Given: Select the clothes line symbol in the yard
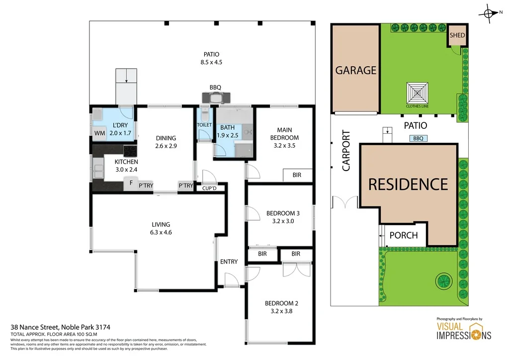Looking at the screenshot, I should [417, 92].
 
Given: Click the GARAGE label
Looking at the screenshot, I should [355, 70].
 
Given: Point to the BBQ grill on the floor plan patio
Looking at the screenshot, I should [215, 97].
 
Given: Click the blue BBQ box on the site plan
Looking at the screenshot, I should [418, 139].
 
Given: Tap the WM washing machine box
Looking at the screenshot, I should [99, 133].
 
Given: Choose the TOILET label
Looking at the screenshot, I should [204, 125].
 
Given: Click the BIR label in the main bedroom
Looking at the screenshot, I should [297, 176].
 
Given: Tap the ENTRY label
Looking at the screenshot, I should [229, 262].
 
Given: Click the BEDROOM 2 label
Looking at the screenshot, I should [281, 303].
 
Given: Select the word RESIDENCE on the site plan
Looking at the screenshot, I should [408, 184].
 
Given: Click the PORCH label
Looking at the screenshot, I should [403, 235].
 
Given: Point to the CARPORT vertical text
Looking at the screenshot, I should [346, 151].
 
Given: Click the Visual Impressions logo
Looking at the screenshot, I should [463, 330].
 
